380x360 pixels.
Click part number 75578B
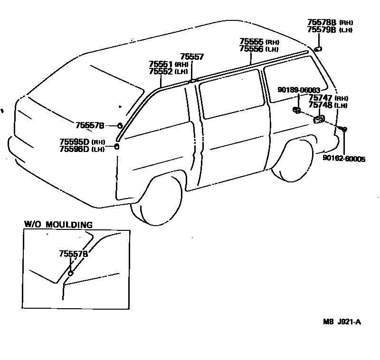(x=321, y=22)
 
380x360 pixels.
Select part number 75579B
(x=321, y=29)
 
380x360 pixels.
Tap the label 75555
(x=252, y=42)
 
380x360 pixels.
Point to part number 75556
(x=252, y=49)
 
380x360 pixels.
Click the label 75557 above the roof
(x=192, y=57)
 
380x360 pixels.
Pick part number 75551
(x=161, y=64)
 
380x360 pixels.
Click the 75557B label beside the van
(x=90, y=125)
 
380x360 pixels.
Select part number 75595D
(x=74, y=142)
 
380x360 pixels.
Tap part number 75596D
(x=74, y=149)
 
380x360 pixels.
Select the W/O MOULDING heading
(x=58, y=225)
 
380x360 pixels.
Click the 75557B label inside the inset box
(x=74, y=254)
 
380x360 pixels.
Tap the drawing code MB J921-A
(x=342, y=322)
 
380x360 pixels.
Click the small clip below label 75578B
(x=317, y=48)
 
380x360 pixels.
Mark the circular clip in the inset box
(x=71, y=274)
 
